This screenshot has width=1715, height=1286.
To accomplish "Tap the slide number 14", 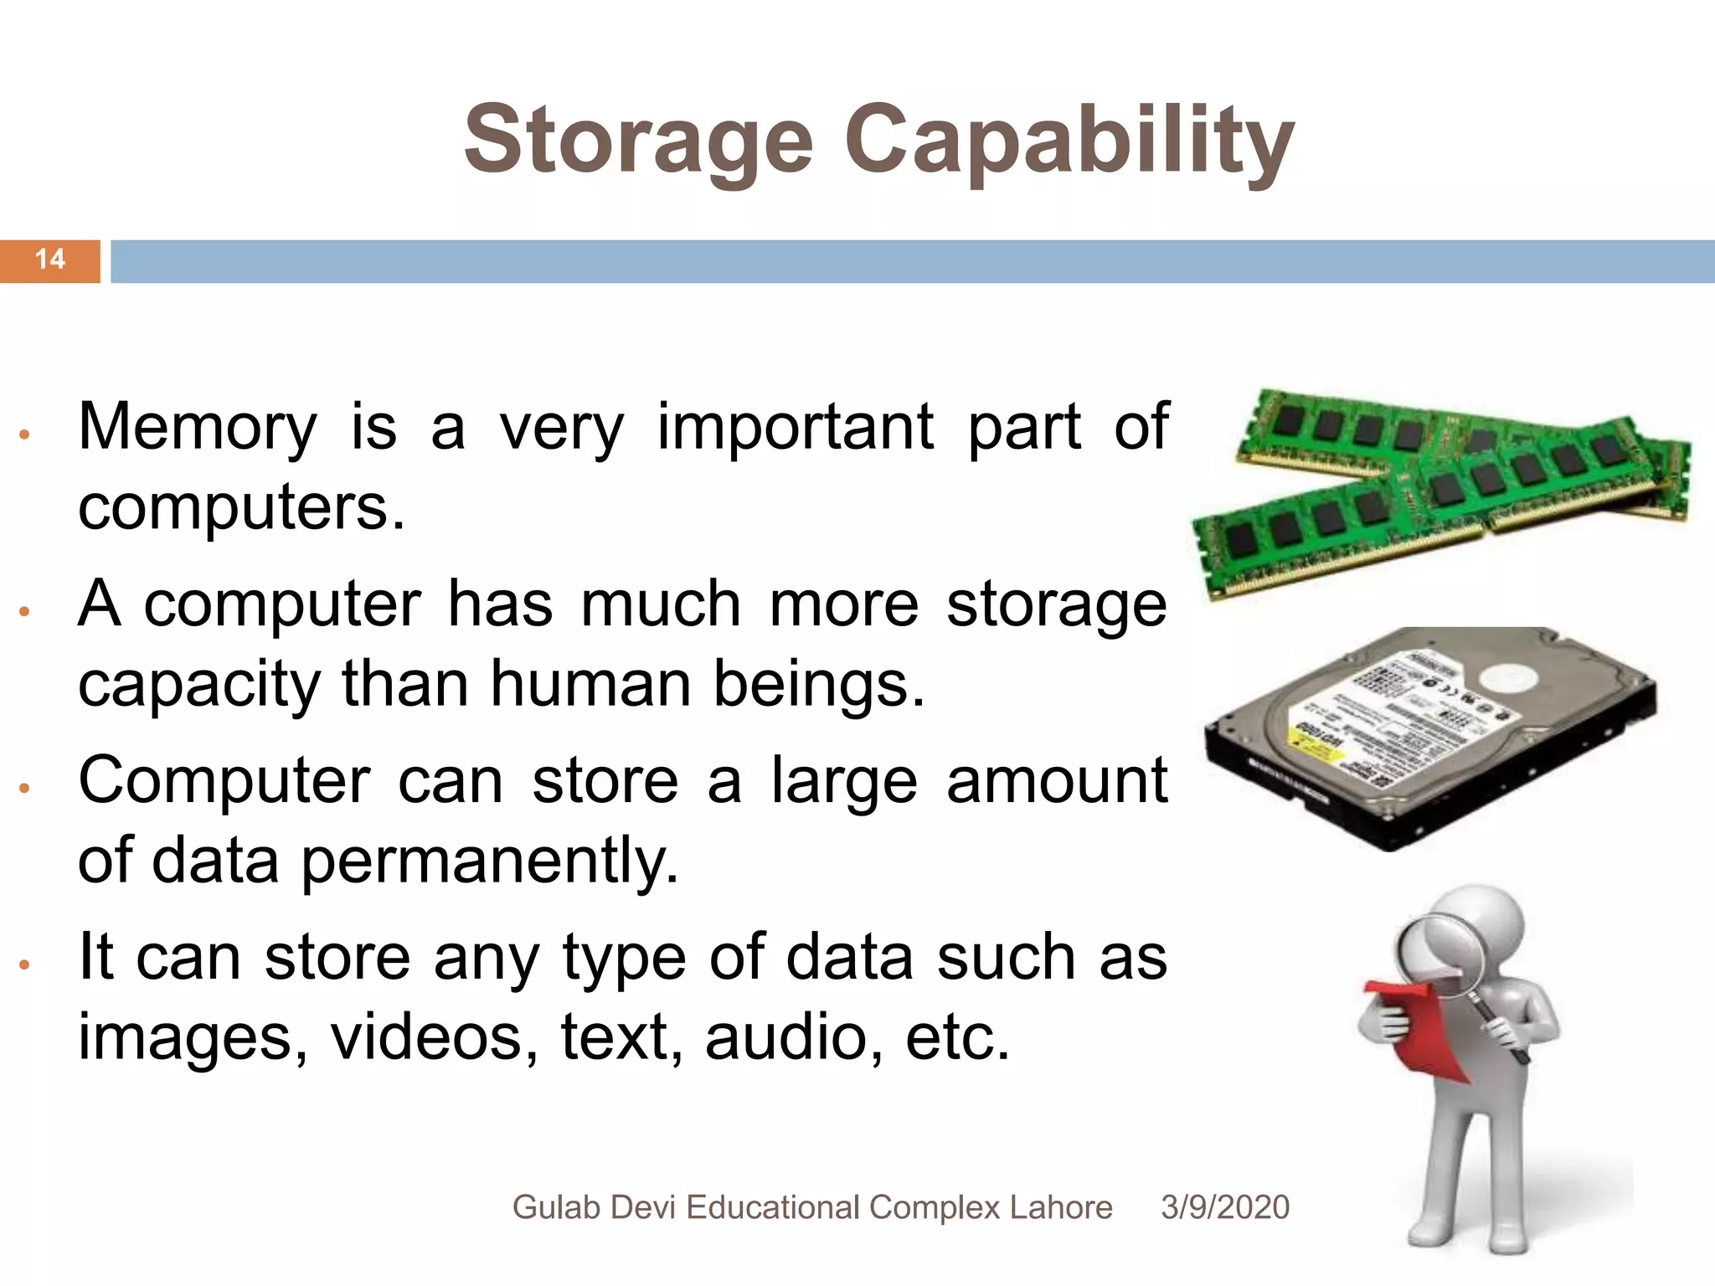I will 50,260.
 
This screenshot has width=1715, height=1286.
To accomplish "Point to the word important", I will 795,427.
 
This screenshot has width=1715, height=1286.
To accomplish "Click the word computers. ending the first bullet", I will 241,507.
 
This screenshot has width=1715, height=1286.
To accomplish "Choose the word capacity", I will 198,686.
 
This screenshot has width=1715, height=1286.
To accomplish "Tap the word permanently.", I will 489,862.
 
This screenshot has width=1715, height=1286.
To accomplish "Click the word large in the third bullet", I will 844,781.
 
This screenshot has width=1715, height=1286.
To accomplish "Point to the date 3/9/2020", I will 1225,1207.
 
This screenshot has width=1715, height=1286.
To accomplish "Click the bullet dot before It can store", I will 25,965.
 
